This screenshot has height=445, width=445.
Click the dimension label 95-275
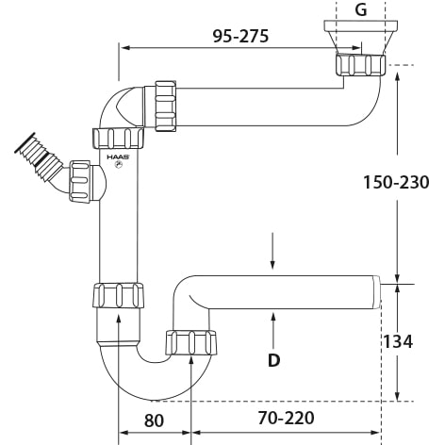[240, 37]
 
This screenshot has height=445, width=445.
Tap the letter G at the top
[360, 10]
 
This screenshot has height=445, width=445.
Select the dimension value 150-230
[396, 183]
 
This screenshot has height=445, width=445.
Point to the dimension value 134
[396, 341]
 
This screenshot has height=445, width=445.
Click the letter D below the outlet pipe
[273, 359]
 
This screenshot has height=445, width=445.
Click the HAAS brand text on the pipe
[117, 157]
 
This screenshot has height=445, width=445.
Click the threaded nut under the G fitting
[360, 65]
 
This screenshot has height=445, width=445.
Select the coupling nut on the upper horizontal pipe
[166, 107]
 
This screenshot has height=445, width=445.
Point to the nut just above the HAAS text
[118, 139]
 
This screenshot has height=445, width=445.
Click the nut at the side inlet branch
[79, 182]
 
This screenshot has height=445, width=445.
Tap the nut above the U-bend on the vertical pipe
[118, 295]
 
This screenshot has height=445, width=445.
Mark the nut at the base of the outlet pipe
[190, 342]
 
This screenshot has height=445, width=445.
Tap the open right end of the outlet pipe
[377, 292]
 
